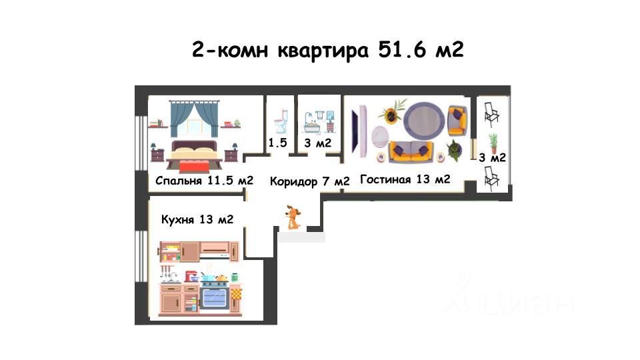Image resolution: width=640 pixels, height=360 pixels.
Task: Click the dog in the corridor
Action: tap(293, 217)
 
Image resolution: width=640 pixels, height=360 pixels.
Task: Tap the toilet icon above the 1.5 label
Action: tap(281, 121)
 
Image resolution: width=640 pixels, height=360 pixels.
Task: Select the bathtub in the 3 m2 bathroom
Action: tap(313, 125)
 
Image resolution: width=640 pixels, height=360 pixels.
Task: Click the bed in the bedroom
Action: tap(194, 155)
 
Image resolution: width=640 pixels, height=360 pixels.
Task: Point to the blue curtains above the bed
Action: tap(194, 119)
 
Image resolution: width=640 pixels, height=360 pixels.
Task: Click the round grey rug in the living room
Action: tap(424, 121)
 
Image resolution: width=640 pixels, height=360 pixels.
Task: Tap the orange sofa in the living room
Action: tap(411, 152)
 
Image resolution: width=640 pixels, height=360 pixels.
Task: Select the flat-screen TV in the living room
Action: tap(358, 131)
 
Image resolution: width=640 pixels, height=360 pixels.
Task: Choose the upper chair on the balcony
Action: tap(491, 115)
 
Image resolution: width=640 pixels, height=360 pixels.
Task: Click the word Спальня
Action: tap(179, 181)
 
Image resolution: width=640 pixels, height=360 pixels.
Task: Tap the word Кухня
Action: tap(177, 219)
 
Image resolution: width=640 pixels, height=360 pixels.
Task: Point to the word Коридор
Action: tap(293, 181)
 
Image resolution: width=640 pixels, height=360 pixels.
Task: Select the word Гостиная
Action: tap(385, 179)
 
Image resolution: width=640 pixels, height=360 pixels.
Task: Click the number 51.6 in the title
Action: tap(403, 49)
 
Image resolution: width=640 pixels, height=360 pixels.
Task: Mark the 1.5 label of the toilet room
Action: tap(277, 143)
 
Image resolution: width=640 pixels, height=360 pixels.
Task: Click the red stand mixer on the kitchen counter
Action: tap(191, 276)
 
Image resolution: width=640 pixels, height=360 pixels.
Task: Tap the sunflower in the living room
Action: tap(391, 114)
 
